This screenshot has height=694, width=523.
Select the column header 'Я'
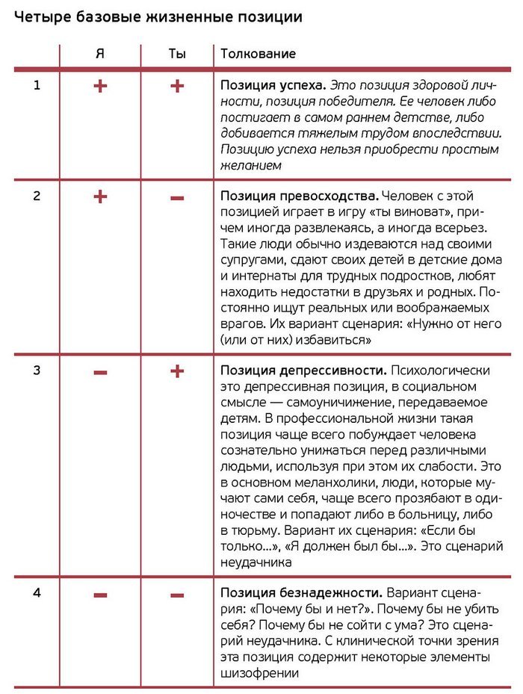point(100,54)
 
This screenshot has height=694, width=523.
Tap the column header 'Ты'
point(176,54)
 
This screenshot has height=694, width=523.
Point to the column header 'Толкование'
point(258,54)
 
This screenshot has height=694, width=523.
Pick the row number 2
point(37,197)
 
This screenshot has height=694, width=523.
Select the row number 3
point(37,371)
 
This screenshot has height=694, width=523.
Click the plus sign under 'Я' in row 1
point(100,87)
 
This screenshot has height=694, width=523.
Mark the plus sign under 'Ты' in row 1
point(176,87)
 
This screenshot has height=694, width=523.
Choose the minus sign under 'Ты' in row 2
point(176,198)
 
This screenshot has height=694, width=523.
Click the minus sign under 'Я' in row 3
point(100,371)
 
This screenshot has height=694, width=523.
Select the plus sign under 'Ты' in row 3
point(176,371)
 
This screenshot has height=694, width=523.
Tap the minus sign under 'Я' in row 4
point(100,595)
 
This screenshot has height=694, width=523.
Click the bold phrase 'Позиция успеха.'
point(273,85)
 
